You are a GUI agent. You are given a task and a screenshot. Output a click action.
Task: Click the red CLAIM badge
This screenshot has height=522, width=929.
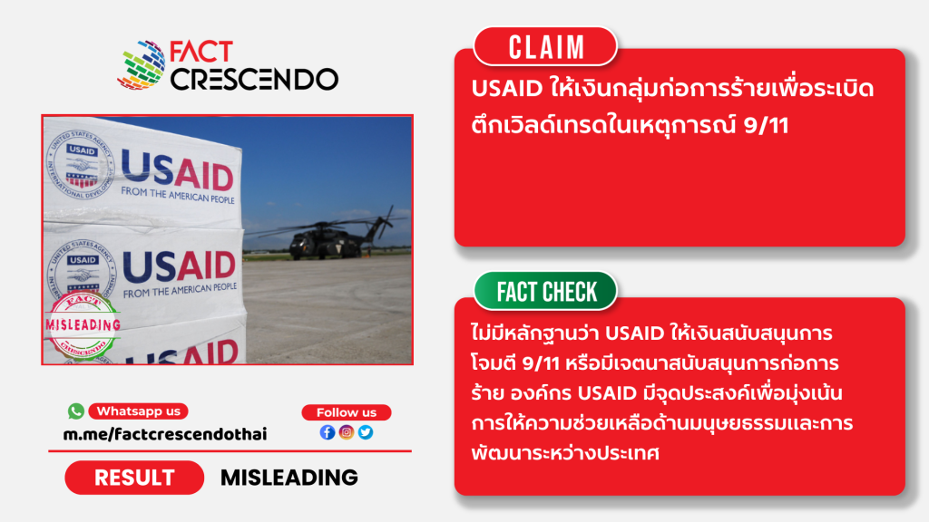545,46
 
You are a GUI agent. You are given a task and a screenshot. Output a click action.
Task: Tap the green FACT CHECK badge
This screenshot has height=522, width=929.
545,291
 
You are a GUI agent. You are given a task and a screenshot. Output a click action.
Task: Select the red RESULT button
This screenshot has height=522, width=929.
134,478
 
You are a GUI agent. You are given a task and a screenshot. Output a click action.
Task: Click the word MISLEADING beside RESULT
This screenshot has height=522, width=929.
289,478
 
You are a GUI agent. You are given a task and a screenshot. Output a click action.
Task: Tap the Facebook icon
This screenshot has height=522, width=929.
328,432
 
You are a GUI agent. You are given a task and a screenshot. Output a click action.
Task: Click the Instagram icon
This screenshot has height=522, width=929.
347,432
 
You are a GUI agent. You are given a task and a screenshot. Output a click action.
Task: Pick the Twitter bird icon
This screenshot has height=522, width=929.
366,432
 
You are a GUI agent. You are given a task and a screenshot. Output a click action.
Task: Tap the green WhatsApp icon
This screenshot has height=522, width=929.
76,411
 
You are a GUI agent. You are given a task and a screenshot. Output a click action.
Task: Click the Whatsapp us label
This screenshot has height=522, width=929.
139,411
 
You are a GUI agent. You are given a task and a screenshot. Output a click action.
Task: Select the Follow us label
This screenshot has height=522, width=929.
347,412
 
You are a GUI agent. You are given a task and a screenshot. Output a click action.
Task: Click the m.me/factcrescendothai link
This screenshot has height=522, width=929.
165,434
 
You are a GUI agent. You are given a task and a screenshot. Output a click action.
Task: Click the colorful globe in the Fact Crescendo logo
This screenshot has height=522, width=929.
142,65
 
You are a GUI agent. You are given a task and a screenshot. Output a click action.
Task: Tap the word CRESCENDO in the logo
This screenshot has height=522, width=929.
255,80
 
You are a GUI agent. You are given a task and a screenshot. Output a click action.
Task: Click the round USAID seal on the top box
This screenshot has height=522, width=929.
80,164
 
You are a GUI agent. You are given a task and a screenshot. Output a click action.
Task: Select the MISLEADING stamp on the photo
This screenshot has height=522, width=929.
83,325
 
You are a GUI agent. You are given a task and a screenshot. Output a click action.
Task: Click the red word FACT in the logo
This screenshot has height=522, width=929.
201,52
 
